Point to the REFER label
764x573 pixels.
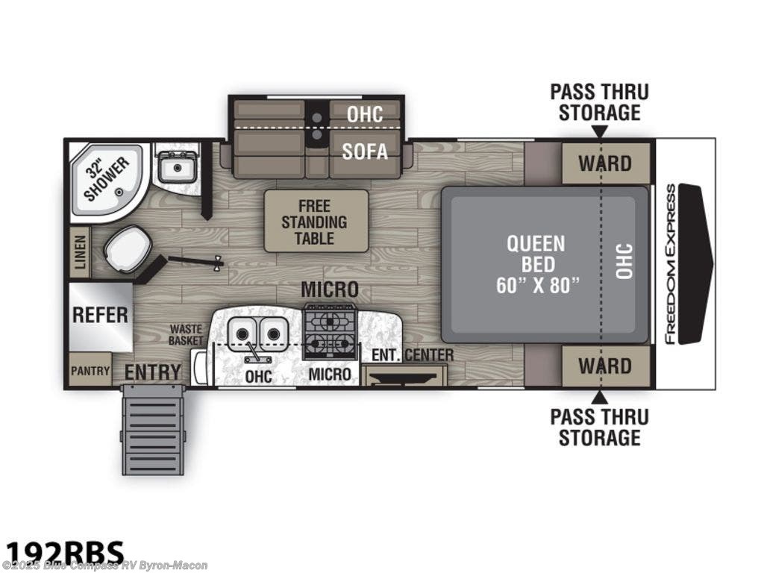[100, 314]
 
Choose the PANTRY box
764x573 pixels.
[90, 371]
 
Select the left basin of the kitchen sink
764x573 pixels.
[242, 329]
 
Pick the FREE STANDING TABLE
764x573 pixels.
[316, 221]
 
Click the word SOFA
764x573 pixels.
[365, 151]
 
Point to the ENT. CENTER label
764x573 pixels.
[413, 354]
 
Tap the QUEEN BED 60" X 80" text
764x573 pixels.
[536, 264]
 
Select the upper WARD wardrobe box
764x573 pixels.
[605, 163]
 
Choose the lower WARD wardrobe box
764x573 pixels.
[605, 366]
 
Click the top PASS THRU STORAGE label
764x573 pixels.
[599, 102]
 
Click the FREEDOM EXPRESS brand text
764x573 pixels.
[670, 264]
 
